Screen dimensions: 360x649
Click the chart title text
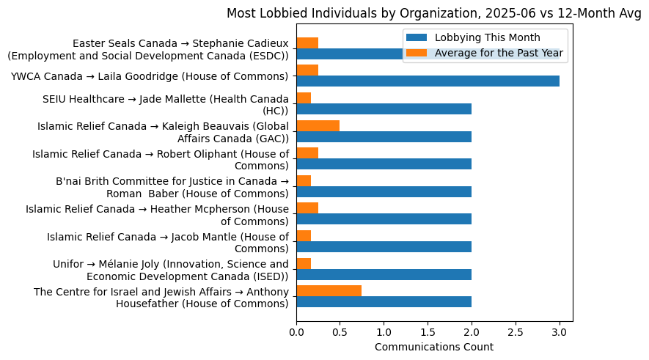433,13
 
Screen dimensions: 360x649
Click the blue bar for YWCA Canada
428,81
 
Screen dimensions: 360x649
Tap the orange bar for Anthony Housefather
329,290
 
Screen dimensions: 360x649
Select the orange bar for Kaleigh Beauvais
318,125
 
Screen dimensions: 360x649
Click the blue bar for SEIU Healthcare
384,109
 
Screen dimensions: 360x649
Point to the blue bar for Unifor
384,274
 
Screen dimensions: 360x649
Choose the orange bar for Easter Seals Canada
307,43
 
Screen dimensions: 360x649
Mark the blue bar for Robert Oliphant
384,164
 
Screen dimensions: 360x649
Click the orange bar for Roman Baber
304,180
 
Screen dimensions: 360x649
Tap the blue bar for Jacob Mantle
384,246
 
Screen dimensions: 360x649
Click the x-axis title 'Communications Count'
433,347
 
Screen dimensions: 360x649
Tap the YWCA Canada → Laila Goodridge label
150,76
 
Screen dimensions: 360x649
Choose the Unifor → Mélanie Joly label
171,270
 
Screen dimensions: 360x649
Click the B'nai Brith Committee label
172,188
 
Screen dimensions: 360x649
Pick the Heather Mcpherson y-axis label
158,215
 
